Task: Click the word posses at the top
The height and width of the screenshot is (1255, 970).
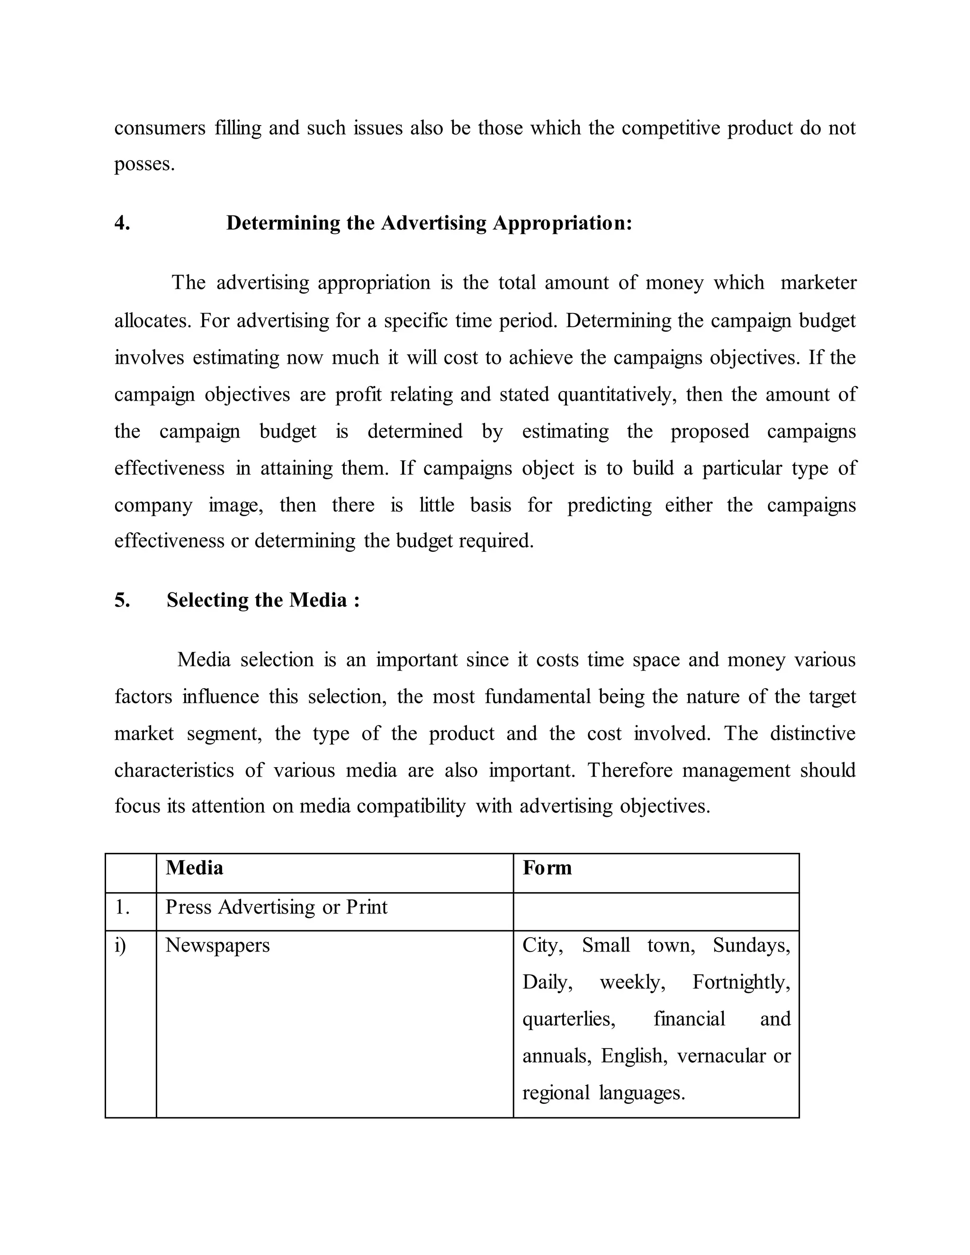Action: pyautogui.click(x=144, y=165)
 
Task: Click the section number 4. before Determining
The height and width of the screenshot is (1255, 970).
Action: pyautogui.click(x=122, y=223)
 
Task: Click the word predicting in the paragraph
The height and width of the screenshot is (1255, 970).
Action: pyautogui.click(x=609, y=505)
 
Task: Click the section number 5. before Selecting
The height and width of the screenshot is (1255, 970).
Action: pyautogui.click(x=122, y=600)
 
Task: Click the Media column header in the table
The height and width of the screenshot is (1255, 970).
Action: pyautogui.click(x=194, y=868)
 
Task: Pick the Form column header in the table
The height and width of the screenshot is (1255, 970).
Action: pyautogui.click(x=547, y=868)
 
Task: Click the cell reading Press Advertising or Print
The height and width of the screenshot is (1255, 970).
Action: pyautogui.click(x=277, y=907)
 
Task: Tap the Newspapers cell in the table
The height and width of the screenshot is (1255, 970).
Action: pyautogui.click(x=217, y=945)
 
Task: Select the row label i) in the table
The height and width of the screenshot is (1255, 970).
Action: pyautogui.click(x=120, y=945)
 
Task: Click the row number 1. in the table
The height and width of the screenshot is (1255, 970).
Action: pyautogui.click(x=122, y=907)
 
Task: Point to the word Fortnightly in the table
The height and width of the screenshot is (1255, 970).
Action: pyautogui.click(x=741, y=982)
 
